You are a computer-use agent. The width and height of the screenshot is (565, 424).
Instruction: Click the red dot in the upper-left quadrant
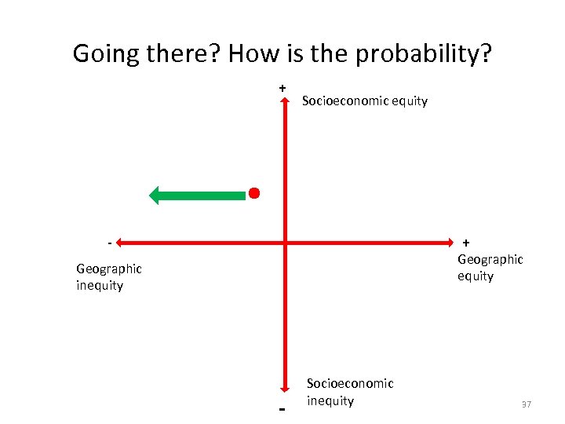click(254, 192)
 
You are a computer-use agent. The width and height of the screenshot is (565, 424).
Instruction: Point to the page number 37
click(527, 404)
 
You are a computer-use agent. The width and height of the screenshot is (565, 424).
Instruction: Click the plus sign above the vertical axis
click(282, 88)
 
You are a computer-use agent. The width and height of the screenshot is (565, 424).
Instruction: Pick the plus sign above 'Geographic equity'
click(466, 243)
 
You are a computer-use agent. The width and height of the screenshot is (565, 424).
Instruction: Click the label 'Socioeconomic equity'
click(365, 101)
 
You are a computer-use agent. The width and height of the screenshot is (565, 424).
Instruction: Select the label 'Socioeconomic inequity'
click(349, 392)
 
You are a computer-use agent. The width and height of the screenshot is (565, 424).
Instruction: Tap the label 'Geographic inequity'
click(109, 276)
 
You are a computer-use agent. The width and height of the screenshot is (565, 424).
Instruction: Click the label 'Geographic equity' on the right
click(490, 267)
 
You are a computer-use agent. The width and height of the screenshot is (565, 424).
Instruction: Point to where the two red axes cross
click(285, 243)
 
